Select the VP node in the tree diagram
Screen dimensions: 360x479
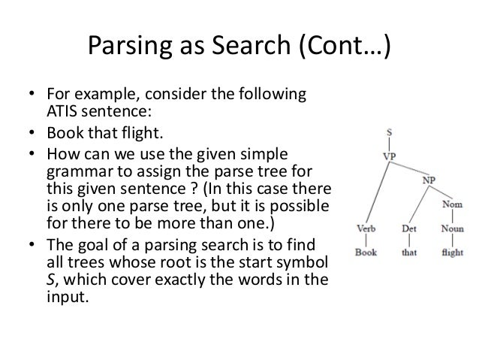tap(391, 156)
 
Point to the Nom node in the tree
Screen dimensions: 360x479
tap(453, 203)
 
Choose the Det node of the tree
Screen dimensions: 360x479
tap(409, 227)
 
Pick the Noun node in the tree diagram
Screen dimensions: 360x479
tap(451, 227)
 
